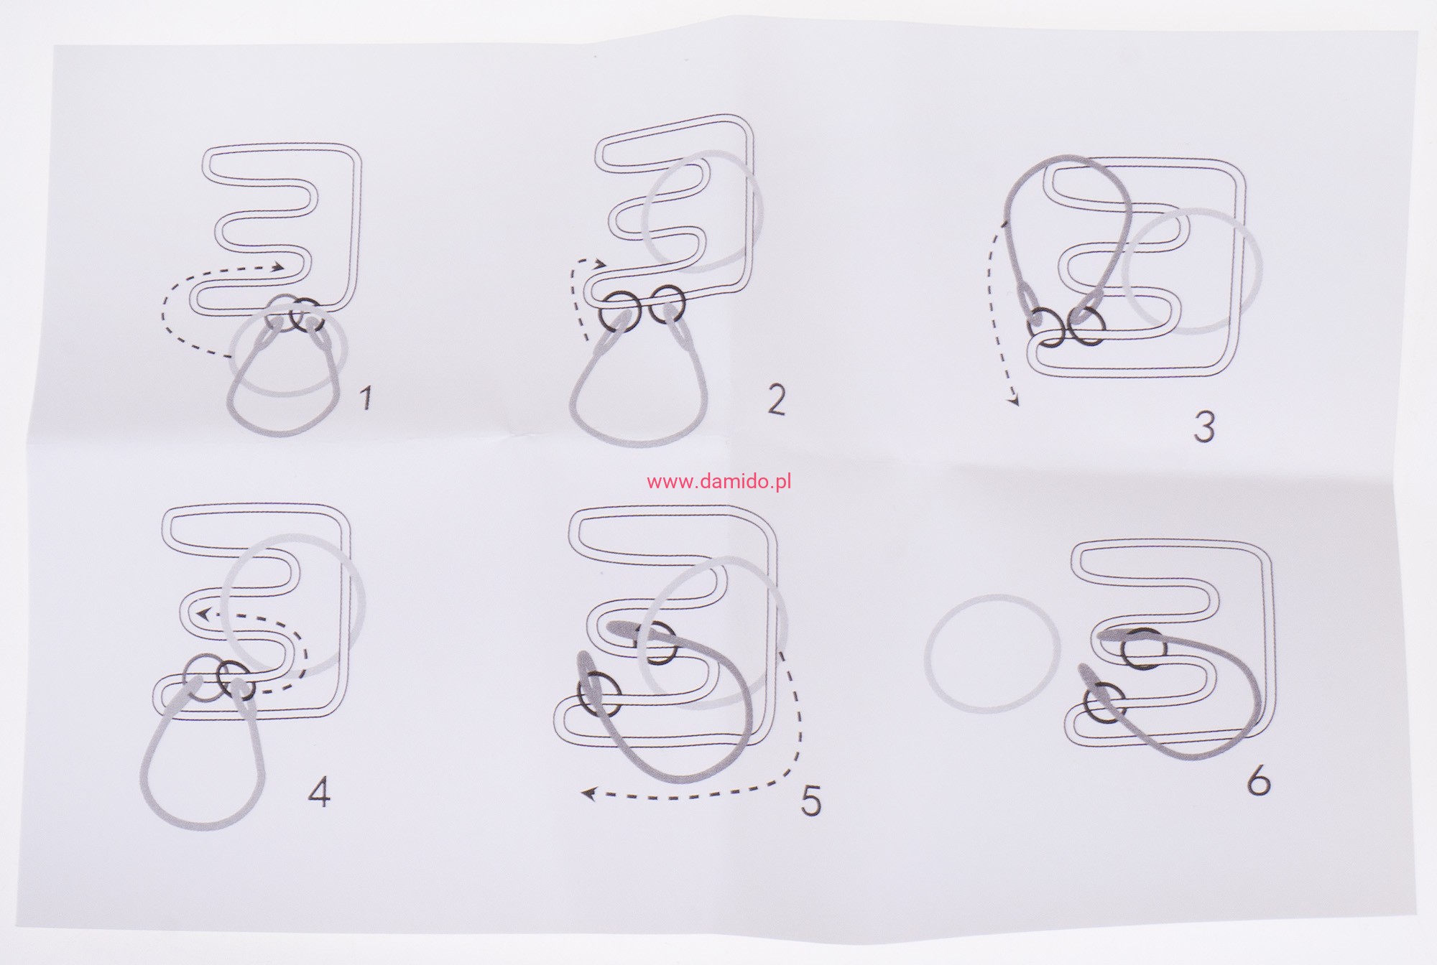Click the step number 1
click(x=366, y=397)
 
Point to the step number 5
click(x=810, y=801)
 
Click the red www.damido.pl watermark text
click(x=718, y=482)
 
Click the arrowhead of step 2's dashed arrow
click(x=602, y=265)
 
